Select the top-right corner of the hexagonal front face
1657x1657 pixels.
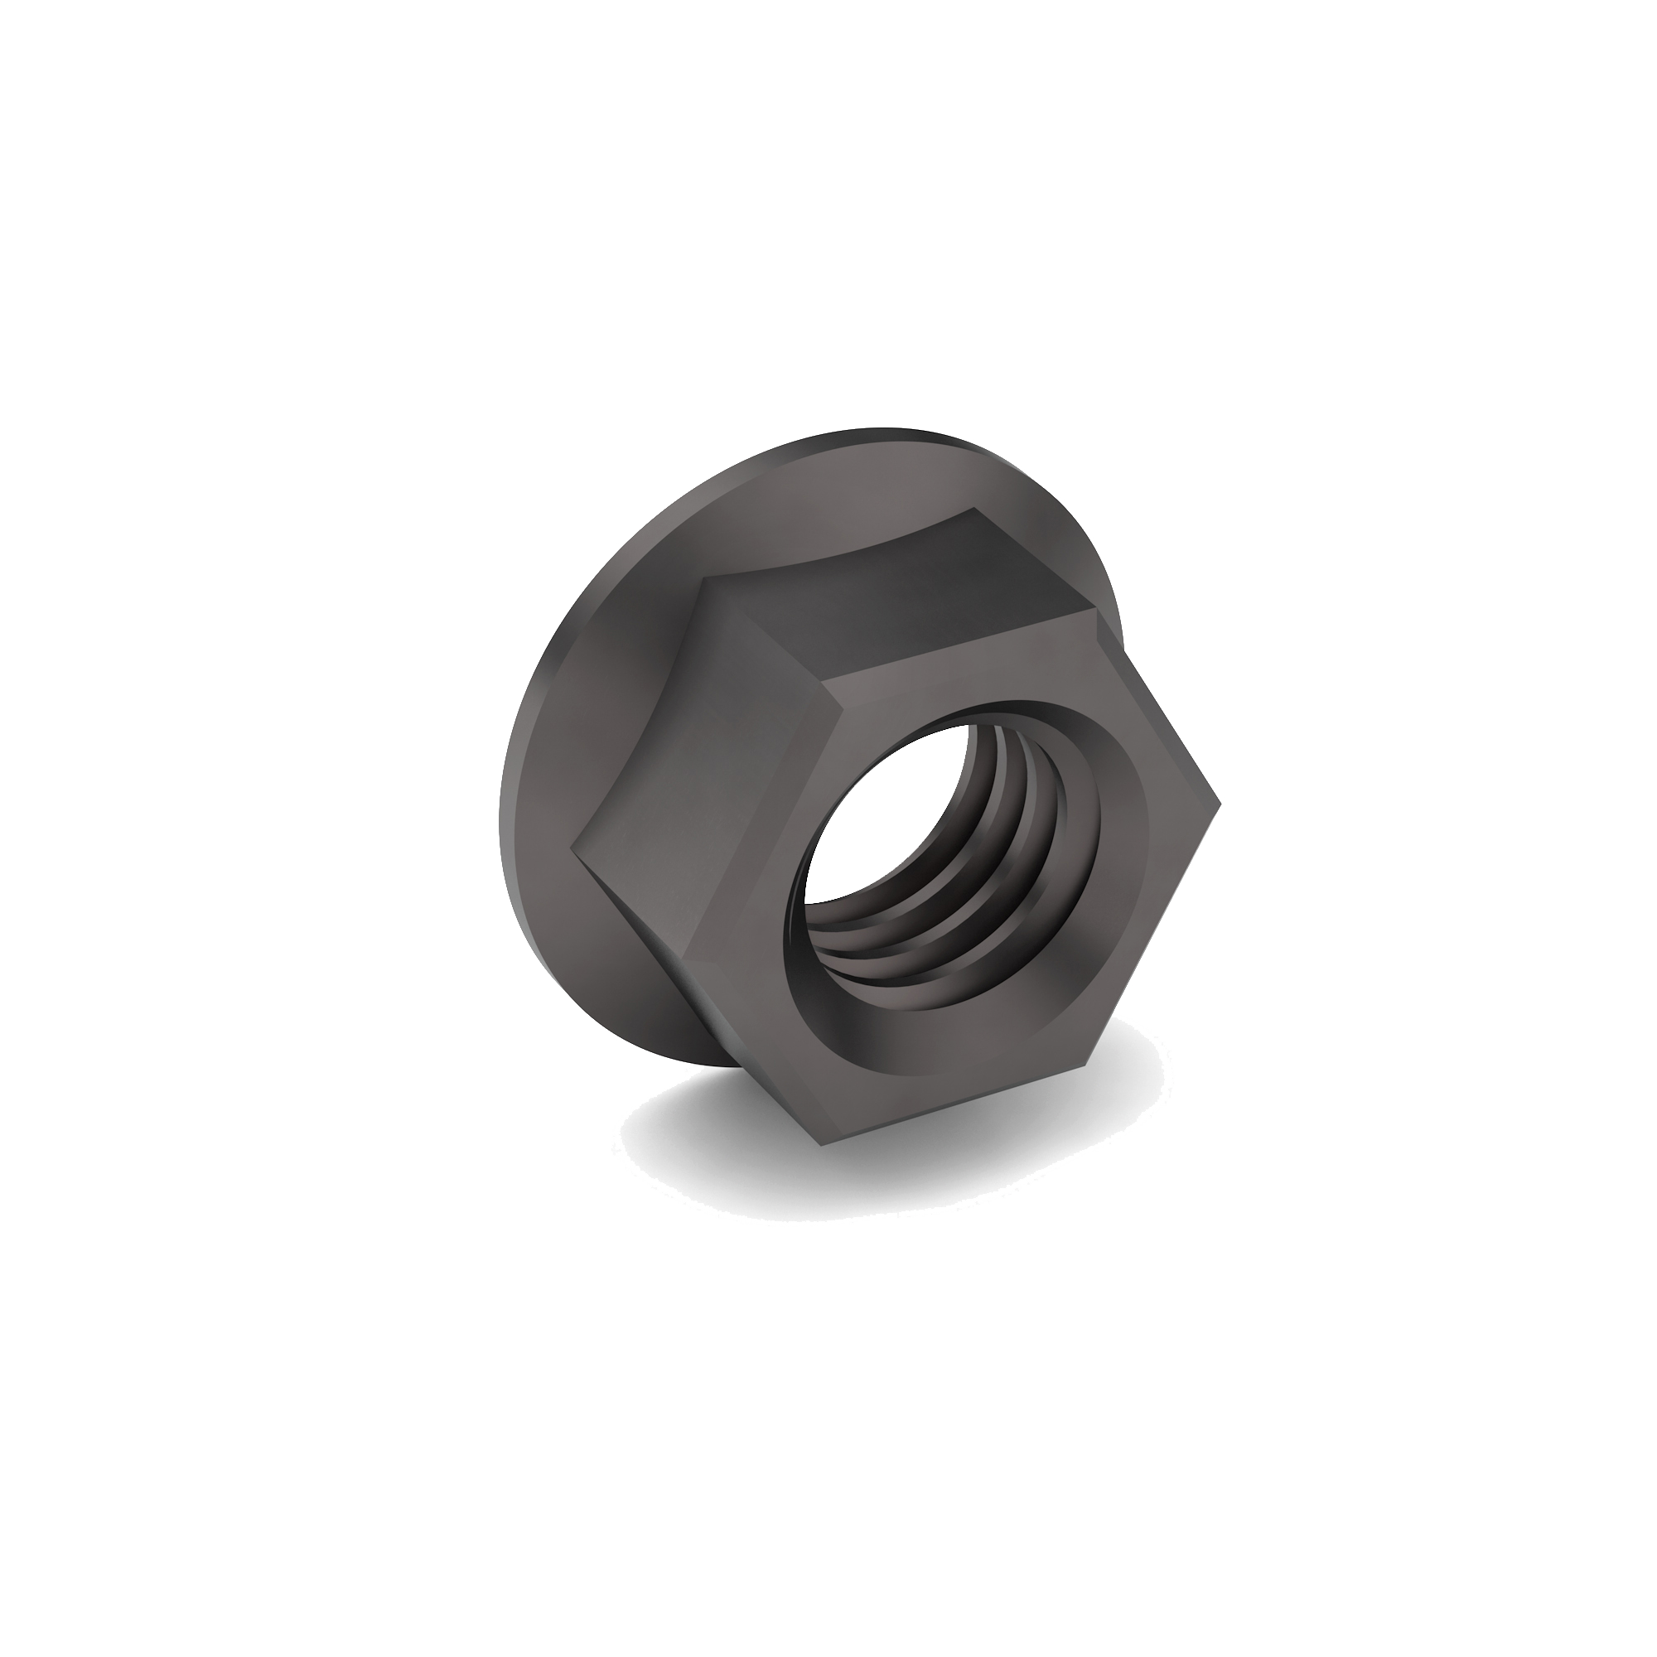(x=1096, y=612)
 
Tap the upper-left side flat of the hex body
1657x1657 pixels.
(x=712, y=755)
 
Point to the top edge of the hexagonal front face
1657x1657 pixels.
(x=960, y=648)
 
